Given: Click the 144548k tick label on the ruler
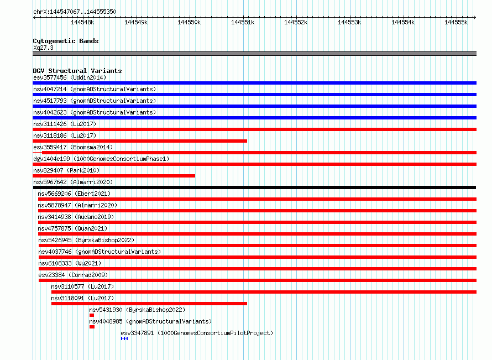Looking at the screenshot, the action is pyautogui.click(x=82, y=22).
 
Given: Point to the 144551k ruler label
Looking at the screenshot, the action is pyautogui.click(x=243, y=22).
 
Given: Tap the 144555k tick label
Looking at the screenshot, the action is pyautogui.click(x=456, y=22).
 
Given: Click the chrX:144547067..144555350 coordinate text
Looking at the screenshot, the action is pyautogui.click(x=75, y=12).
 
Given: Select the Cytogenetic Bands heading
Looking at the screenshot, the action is pyautogui.click(x=66, y=41).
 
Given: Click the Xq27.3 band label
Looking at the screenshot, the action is pyautogui.click(x=43, y=48).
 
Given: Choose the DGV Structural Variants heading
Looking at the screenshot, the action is pyautogui.click(x=77, y=71).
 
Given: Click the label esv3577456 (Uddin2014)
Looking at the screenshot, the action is pyautogui.click(x=70, y=77).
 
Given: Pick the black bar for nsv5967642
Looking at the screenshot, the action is pyautogui.click(x=254, y=187).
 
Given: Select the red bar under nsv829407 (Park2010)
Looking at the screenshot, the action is pyautogui.click(x=114, y=176).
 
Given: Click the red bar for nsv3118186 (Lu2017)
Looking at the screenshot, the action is pyautogui.click(x=140, y=141).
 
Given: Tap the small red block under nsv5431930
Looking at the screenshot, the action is pyautogui.click(x=92, y=315).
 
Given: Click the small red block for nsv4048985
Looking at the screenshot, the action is pyautogui.click(x=92, y=327).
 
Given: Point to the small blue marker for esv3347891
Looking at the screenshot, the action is pyautogui.click(x=124, y=338).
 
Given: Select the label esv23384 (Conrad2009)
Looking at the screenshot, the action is pyautogui.click(x=73, y=275).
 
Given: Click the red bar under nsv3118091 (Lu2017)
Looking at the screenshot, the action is pyautogui.click(x=149, y=304).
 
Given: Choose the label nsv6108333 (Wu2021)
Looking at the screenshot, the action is pyautogui.click(x=70, y=263).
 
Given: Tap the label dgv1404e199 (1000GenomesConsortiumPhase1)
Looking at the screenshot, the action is pyautogui.click(x=101, y=159).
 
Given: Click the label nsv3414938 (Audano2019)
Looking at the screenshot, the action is pyautogui.click(x=76, y=217).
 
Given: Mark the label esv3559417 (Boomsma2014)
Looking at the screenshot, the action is pyautogui.click(x=73, y=147).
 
